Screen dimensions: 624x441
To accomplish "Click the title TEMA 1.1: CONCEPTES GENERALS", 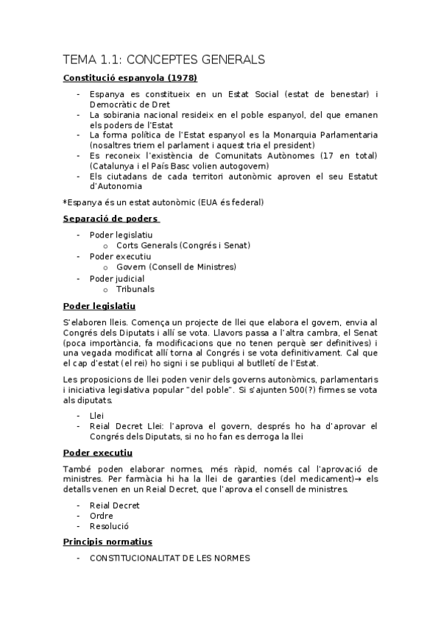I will click(163, 59).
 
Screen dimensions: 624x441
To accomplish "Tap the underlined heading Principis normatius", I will click(107, 542).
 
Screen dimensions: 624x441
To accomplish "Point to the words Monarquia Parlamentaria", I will click(326, 135).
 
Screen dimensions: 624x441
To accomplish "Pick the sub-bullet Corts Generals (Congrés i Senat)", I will click(183, 245).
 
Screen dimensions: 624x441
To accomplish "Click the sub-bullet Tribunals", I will click(135, 289).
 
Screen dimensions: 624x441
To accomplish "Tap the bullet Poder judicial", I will click(117, 278).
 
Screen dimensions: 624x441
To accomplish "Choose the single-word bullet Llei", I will click(96, 415).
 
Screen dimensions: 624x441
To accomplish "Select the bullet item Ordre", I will click(102, 516).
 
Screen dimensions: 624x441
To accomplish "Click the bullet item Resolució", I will click(109, 527).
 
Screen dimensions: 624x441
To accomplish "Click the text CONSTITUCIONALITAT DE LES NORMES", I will click(170, 559).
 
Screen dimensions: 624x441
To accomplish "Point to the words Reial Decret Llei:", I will click(125, 426).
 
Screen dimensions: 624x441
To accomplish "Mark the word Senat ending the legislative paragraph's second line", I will click(363, 333).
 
